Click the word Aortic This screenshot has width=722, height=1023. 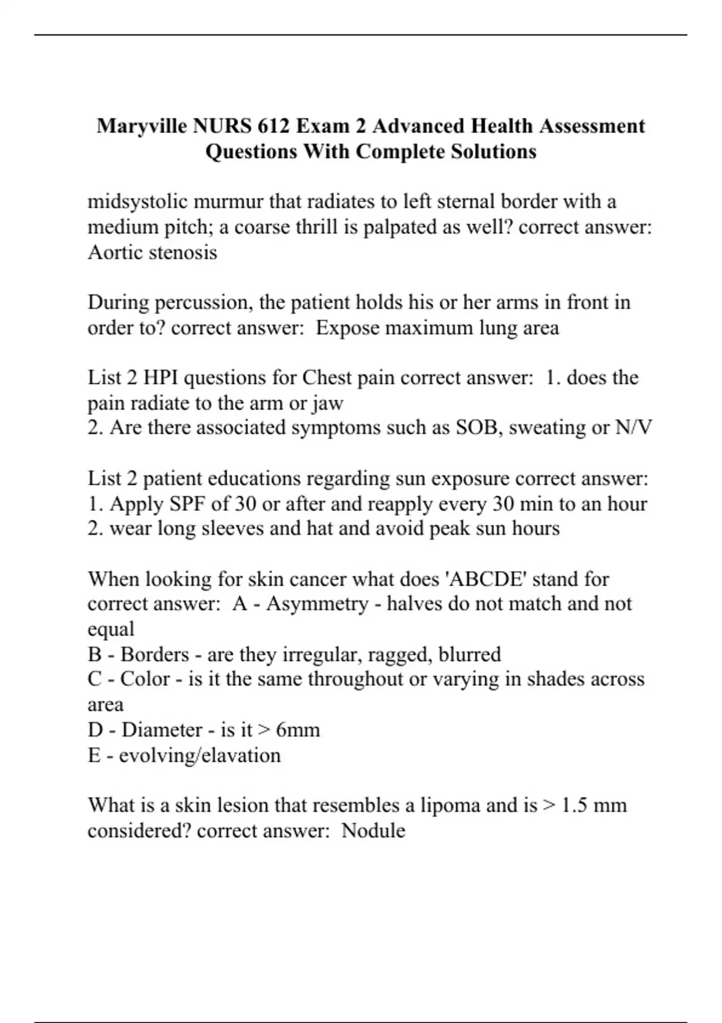click(x=115, y=252)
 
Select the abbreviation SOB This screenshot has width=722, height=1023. click(x=475, y=428)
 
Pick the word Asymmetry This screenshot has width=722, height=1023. click(x=317, y=604)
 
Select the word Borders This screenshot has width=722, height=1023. click(x=155, y=654)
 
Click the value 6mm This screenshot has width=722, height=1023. click(x=298, y=730)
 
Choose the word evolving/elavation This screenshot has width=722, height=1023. click(x=200, y=755)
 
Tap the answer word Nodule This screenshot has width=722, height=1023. click(x=373, y=830)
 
